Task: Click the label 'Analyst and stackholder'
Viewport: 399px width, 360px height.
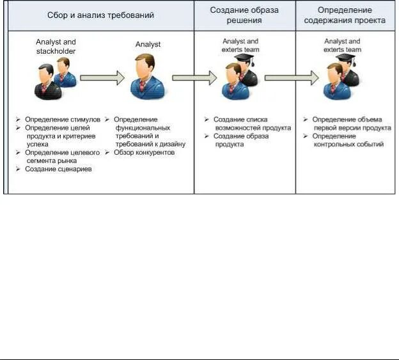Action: tap(56, 46)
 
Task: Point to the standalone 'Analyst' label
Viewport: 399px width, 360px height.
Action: tap(148, 44)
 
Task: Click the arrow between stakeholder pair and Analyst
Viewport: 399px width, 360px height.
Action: tap(102, 77)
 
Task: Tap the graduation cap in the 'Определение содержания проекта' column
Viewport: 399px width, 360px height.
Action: tap(345, 59)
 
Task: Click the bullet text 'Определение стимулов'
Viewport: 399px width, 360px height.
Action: tap(63, 120)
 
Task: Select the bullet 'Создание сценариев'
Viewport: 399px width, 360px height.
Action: tap(57, 169)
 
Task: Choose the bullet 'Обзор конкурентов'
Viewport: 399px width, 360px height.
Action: tap(144, 153)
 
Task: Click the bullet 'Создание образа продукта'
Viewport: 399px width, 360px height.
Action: tap(242, 140)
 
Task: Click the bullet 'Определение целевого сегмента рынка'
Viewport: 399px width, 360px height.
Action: tap(61, 157)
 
